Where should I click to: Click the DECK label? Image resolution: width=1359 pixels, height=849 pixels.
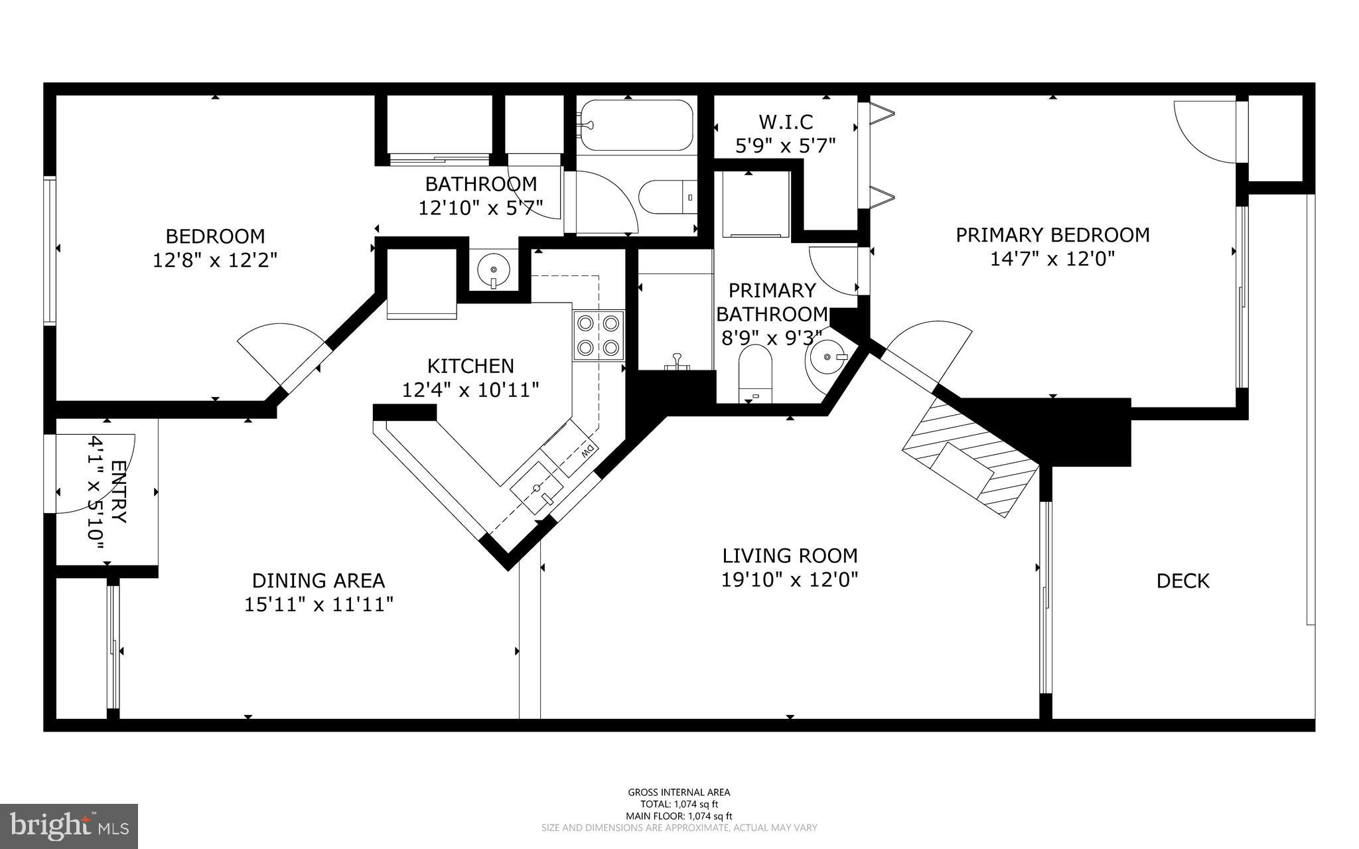(x=1182, y=581)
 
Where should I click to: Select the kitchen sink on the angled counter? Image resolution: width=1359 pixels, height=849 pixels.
(x=536, y=490)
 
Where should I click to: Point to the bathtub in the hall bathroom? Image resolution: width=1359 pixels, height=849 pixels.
(x=636, y=125)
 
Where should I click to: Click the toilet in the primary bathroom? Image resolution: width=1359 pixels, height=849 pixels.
(x=756, y=375)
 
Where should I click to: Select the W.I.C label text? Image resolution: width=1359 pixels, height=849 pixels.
(x=786, y=121)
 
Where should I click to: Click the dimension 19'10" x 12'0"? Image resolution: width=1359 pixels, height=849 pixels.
(x=790, y=580)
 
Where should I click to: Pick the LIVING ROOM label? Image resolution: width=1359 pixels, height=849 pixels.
(x=790, y=555)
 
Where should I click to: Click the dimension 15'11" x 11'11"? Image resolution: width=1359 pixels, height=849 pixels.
(x=319, y=604)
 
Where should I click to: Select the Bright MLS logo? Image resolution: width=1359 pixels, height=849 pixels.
(x=69, y=826)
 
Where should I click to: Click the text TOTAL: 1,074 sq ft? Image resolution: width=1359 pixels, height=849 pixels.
(x=679, y=804)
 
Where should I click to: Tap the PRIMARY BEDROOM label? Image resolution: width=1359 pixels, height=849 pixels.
(x=1052, y=234)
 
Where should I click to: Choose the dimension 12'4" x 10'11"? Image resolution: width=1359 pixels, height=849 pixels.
(x=470, y=390)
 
